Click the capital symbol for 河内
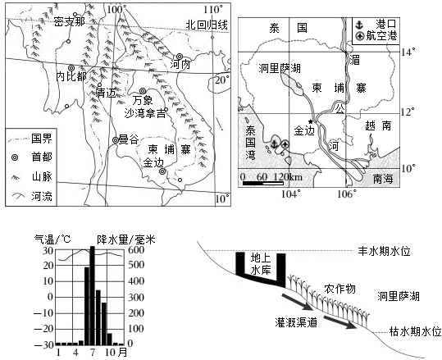tap(180, 57)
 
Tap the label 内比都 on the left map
tap(71, 77)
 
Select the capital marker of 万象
tap(143, 91)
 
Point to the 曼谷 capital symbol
tap(116, 140)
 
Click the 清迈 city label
tap(106, 93)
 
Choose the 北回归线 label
tap(207, 25)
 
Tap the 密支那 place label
tap(70, 21)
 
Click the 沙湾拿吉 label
tap(145, 113)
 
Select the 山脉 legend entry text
tap(42, 177)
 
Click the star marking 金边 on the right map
tap(311, 121)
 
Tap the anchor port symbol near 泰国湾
tap(274, 144)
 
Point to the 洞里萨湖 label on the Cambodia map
tap(280, 68)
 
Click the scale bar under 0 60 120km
tap(263, 184)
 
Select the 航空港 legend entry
tap(377, 36)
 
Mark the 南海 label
tap(382, 179)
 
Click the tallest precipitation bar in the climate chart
tap(92, 295)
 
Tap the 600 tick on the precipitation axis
tap(136, 250)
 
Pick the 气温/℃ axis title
tap(52, 239)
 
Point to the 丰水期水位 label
tap(384, 251)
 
